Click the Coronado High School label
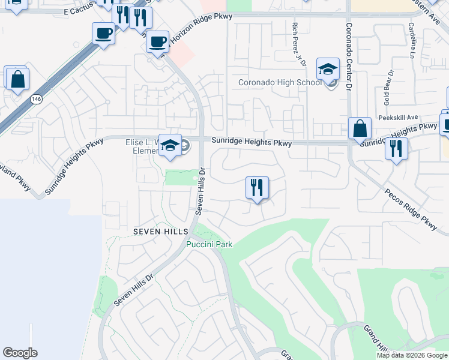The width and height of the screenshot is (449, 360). coord(280,83)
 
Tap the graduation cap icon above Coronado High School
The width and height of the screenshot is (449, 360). coord(328,69)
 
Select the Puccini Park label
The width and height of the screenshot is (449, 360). coord(209,244)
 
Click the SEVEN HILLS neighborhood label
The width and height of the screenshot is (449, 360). coord(161,232)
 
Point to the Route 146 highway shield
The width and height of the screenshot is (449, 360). coord(37,103)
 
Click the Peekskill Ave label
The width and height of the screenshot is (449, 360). coord(396,118)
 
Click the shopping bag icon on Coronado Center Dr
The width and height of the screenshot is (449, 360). coord(360,128)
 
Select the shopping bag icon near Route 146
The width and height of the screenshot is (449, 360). coord(17,79)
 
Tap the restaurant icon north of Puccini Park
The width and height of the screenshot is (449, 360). coord(257,188)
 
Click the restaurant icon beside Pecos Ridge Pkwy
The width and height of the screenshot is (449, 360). coord(396,148)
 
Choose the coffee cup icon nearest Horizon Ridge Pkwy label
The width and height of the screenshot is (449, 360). coord(157,42)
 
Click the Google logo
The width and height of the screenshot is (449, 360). coord(20,353)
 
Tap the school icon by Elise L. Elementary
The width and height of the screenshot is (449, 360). coord(170,146)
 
